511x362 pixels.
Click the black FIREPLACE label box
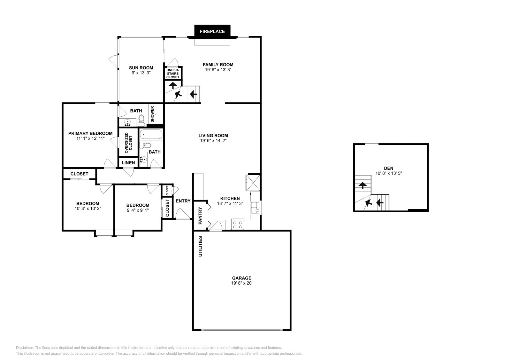click(212, 31)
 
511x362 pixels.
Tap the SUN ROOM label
click(141, 68)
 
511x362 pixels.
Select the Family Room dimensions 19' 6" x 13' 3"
click(218, 69)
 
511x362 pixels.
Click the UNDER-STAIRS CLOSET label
click(173, 73)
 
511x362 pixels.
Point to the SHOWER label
click(152, 114)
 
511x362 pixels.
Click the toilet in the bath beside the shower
click(141, 120)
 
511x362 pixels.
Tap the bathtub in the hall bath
click(151, 134)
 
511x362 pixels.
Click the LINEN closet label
click(128, 162)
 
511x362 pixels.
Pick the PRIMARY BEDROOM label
click(90, 133)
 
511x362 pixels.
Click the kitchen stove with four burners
click(238, 224)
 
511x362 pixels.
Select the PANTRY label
click(200, 215)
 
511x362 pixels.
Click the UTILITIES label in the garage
click(201, 246)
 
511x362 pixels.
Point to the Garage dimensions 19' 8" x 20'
click(241, 283)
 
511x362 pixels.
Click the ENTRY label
click(183, 201)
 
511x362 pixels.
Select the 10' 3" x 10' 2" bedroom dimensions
click(88, 209)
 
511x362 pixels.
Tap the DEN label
click(389, 168)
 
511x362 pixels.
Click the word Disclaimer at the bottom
click(24, 348)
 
